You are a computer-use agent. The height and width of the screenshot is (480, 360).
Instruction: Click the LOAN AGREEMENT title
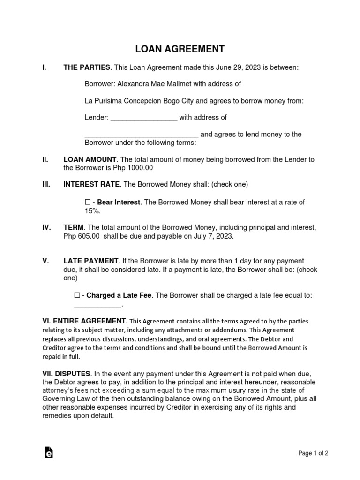(x=180, y=49)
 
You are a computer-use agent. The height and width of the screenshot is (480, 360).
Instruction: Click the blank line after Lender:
(x=144, y=118)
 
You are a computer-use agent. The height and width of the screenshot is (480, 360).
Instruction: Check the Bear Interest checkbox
(x=88, y=202)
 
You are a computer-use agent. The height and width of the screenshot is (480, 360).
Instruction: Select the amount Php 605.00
(x=82, y=237)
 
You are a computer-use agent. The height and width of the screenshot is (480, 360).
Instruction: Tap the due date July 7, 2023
(x=213, y=237)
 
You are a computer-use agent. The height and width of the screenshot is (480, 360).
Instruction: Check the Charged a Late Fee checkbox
(x=77, y=295)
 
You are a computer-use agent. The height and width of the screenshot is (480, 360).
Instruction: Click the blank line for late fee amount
(x=98, y=305)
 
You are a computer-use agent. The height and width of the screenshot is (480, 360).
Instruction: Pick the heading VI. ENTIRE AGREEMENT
(x=85, y=321)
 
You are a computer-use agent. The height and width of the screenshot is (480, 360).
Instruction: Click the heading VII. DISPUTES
(x=67, y=374)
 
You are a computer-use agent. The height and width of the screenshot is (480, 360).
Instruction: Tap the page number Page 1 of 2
(x=313, y=453)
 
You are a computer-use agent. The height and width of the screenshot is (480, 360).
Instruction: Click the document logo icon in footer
(x=48, y=452)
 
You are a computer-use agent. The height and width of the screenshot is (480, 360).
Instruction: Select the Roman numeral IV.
(x=47, y=228)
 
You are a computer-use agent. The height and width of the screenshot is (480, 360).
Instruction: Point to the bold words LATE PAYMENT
(x=91, y=261)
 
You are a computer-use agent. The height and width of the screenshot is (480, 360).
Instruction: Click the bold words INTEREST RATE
(x=91, y=184)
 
